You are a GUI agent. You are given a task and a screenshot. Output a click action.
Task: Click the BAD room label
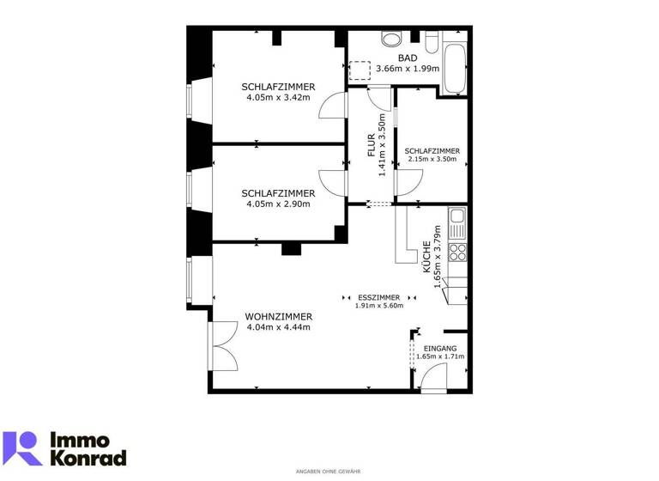tap(408, 58)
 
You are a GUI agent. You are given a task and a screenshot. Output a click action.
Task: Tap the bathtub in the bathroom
tap(454, 64)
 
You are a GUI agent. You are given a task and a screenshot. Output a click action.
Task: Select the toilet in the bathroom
tap(392, 38)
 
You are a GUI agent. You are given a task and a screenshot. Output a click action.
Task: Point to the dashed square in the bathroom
tap(360, 70)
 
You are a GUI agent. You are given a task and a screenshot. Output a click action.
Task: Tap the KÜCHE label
tap(426, 257)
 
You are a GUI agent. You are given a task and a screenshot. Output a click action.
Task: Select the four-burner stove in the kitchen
tap(458, 252)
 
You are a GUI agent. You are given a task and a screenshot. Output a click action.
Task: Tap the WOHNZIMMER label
tap(278, 316)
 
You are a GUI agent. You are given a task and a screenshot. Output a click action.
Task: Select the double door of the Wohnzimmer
tap(221, 347)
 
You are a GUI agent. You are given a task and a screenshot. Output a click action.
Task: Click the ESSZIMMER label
tap(378, 297)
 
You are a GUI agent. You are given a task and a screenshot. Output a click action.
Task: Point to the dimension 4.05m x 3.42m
tap(278, 97)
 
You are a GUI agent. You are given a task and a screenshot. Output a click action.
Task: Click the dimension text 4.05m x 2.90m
tap(278, 204)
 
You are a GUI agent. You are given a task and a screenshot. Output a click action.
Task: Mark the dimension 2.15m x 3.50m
tap(433, 159)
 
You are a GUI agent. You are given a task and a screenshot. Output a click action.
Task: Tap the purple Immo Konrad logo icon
tap(21, 448)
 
